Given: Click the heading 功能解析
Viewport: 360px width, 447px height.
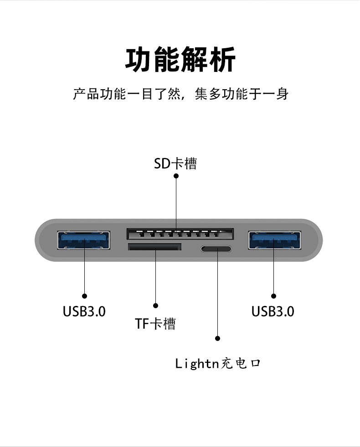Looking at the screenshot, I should [180, 60].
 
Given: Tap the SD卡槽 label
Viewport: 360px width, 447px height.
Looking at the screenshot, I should [175, 163].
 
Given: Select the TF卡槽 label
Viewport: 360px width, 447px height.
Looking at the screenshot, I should [155, 324].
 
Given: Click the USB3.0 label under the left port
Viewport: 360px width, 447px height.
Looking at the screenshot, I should [84, 311].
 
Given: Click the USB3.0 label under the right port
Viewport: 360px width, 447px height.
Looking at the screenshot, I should [273, 311].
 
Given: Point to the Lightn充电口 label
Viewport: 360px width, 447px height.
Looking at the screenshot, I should [218, 363].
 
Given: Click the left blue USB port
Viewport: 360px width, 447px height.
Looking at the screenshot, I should [84, 240].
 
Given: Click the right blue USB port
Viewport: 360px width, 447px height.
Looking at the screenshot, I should [274, 240].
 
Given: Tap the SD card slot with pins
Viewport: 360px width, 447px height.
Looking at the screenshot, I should [180, 234].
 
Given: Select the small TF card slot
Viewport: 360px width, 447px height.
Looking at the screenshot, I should [154, 247].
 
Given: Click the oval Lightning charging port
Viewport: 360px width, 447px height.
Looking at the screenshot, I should [216, 249].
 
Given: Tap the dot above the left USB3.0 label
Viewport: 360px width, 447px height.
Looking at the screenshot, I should [84, 296].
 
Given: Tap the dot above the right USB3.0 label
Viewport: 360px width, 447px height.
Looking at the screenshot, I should [274, 296].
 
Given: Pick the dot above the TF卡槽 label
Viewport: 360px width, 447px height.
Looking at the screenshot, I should [155, 305].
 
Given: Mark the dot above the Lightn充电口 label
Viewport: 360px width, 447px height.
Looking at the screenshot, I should [217, 339].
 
